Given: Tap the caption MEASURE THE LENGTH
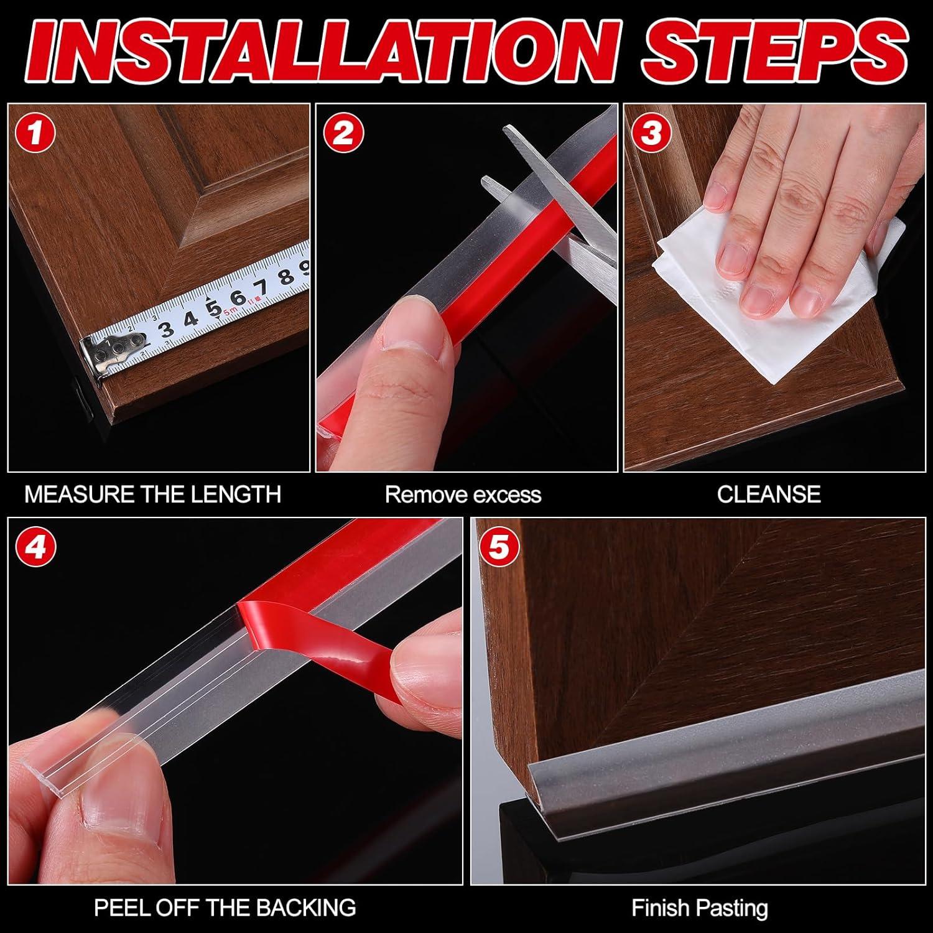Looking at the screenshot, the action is [x=152, y=494].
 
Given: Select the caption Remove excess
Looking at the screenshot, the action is [x=463, y=494].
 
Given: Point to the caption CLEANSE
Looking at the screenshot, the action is [x=769, y=494].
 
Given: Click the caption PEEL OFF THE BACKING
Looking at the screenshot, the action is [x=225, y=907].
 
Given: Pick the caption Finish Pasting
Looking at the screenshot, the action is [x=700, y=908].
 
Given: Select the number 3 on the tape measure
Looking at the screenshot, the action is [x=167, y=330].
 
